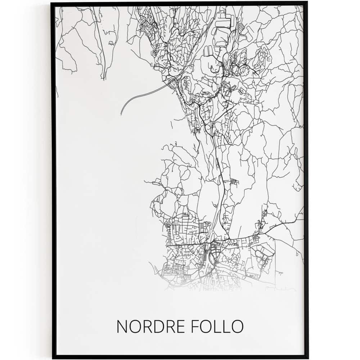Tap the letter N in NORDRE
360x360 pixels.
122,327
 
